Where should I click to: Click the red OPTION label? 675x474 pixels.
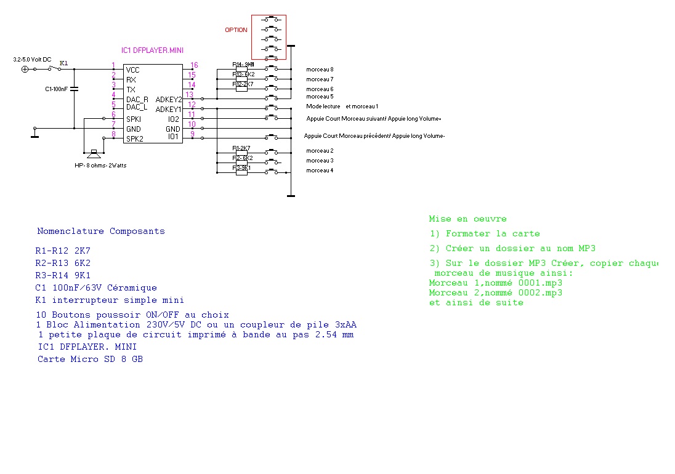[236, 30]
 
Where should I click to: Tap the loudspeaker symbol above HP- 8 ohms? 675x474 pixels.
[94, 152]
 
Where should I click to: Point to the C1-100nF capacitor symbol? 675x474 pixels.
[74, 89]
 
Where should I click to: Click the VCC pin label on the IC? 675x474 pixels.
[132, 70]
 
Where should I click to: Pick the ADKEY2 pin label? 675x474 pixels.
[169, 100]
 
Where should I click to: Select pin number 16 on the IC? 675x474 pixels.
[194, 65]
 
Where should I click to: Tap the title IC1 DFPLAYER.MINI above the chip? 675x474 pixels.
[152, 50]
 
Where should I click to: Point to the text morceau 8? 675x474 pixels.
[320, 70]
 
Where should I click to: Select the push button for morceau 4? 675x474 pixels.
[271, 171]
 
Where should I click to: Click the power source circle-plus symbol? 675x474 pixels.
[25, 69]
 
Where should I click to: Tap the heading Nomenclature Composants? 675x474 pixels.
[101, 231]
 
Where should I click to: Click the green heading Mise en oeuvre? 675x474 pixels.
[467, 219]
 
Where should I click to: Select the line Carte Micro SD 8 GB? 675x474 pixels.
[90, 359]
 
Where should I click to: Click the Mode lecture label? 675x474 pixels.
[323, 106]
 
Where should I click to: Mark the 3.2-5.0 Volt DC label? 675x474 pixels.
[32, 59]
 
